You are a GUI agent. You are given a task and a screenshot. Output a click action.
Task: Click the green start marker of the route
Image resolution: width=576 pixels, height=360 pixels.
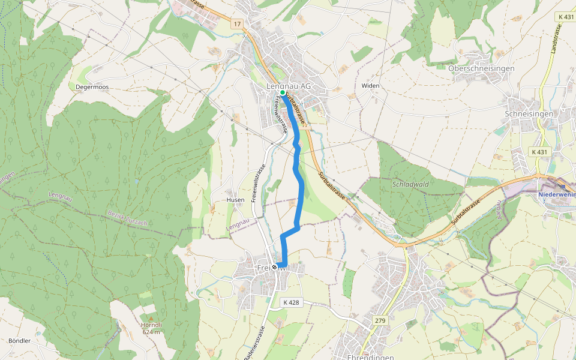pyautogui.click(x=283, y=93)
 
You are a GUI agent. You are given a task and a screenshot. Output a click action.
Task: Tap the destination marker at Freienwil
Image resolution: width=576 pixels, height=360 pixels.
pyautogui.click(x=275, y=267)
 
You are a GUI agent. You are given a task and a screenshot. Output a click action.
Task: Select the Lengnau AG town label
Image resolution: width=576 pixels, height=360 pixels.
pyautogui.click(x=289, y=86)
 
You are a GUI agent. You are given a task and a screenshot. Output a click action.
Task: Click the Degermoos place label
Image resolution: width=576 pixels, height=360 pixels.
pyautogui.click(x=92, y=87)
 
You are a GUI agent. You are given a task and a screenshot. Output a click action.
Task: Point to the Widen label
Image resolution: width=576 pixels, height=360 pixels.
pyautogui.click(x=370, y=86)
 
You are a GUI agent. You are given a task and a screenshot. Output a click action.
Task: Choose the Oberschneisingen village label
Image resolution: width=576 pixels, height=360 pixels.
pyautogui.click(x=481, y=68)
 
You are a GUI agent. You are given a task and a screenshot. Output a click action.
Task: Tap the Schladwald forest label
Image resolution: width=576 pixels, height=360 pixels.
pyautogui.click(x=410, y=184)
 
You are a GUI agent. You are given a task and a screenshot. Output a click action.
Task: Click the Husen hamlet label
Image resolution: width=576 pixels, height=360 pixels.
pyautogui.click(x=235, y=200)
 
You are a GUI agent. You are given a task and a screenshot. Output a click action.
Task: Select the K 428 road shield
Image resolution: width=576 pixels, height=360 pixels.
pyautogui.click(x=290, y=302)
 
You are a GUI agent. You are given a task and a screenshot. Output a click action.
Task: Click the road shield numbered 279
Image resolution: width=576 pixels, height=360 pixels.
pyautogui.click(x=379, y=320)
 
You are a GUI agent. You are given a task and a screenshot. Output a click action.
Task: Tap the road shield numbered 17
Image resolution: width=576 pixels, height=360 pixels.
pyautogui.click(x=238, y=24)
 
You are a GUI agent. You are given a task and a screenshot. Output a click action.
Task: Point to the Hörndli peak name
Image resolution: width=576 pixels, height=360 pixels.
pyautogui.click(x=151, y=325)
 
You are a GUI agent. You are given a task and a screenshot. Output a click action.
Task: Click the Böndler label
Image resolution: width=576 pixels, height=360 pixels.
pyautogui.click(x=19, y=341)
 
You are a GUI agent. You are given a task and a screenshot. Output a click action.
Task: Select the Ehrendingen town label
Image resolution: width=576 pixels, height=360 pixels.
pyautogui.click(x=370, y=356)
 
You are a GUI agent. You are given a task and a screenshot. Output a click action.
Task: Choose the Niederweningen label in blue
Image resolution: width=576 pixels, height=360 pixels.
pyautogui.click(x=557, y=194)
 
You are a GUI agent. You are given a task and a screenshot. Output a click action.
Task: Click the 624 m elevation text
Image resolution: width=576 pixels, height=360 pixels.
pyautogui.click(x=151, y=332)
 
